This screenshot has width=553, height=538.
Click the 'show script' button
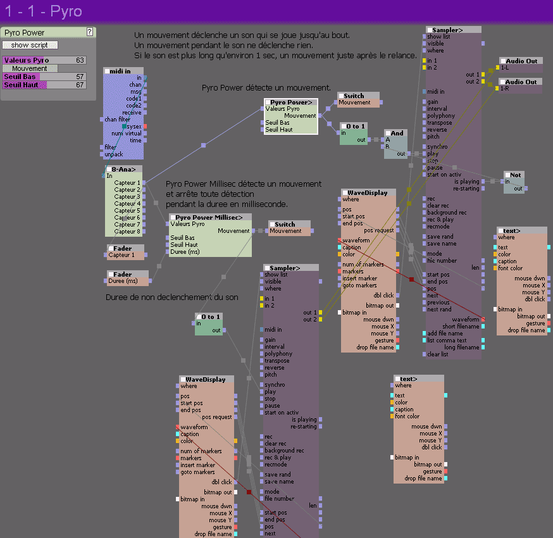tap(30, 45)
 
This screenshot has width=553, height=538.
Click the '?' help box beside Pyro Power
tap(90, 32)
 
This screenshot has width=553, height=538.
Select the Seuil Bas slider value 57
tap(80, 77)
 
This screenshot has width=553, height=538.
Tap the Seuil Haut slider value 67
tap(80, 85)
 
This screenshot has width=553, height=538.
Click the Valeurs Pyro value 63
tap(80, 60)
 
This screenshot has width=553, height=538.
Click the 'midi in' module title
tap(123, 71)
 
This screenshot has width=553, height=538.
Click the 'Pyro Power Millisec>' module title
tap(210, 217)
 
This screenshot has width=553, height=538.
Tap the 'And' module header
tap(396, 134)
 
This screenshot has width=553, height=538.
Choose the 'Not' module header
tap(515, 175)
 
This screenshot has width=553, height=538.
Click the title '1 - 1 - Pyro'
tap(43, 11)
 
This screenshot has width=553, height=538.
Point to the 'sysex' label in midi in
tap(134, 127)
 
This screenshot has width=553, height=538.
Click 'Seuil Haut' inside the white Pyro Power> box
tap(278, 130)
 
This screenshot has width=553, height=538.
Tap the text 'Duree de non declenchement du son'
tap(171, 297)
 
